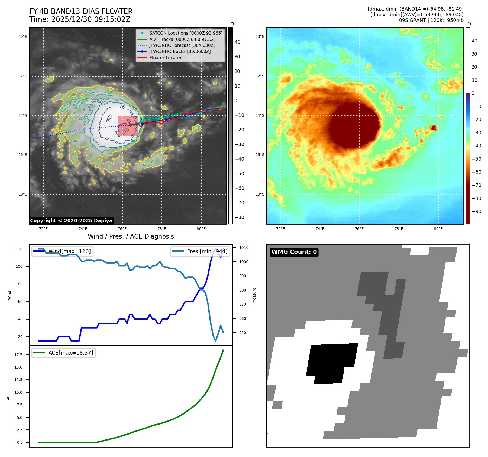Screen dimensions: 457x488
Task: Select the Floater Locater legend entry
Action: click(x=165, y=58)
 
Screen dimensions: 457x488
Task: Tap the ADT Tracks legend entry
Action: click(x=182, y=39)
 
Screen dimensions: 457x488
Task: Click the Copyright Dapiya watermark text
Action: click(x=71, y=221)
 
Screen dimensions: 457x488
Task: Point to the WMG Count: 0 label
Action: click(x=294, y=252)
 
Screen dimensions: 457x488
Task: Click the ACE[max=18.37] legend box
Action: click(x=64, y=353)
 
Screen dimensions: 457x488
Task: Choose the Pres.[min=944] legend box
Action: click(x=200, y=251)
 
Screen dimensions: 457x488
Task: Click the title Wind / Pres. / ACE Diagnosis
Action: click(x=131, y=236)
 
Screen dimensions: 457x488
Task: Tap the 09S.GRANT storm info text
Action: click(x=431, y=20)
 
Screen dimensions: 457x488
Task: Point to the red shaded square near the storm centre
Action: click(x=128, y=126)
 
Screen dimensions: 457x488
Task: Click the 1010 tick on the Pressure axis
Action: click(x=244, y=247)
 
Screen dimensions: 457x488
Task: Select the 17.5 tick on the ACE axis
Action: click(x=18, y=355)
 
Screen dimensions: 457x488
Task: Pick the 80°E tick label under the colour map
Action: click(x=438, y=229)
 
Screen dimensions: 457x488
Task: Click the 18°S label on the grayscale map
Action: click(x=23, y=194)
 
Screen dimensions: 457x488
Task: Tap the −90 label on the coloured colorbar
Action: click(x=476, y=211)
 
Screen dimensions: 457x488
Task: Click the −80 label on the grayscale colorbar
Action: click(x=239, y=217)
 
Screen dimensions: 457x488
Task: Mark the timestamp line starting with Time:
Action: click(x=80, y=19)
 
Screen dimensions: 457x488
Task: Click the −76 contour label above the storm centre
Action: click(x=120, y=107)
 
